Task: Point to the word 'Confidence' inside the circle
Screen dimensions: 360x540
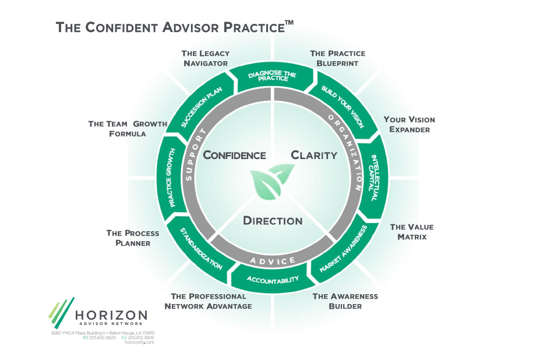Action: pos(234,156)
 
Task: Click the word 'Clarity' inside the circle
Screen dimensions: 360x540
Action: pos(314,156)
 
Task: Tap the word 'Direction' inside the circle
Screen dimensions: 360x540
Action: pos(273,221)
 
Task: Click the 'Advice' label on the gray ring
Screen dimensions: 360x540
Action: pos(273,260)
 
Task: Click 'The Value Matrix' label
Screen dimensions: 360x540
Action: pos(411,232)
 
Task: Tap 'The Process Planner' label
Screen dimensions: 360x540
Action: pos(133,238)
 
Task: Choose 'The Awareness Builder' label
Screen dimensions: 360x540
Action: pos(345,301)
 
